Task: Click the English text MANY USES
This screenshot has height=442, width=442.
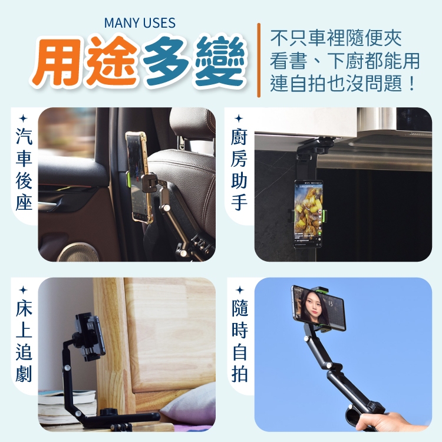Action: (x=140, y=23)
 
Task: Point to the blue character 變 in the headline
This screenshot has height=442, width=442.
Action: (x=219, y=61)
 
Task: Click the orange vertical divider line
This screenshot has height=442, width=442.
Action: (x=259, y=60)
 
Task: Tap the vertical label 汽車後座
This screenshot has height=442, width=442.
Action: (x=24, y=169)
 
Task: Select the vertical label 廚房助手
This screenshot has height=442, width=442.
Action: (x=239, y=169)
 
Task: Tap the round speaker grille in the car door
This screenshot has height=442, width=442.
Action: (x=78, y=252)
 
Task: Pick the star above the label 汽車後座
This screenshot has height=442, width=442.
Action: (x=24, y=118)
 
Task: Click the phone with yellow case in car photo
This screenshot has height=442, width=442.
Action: (x=138, y=177)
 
